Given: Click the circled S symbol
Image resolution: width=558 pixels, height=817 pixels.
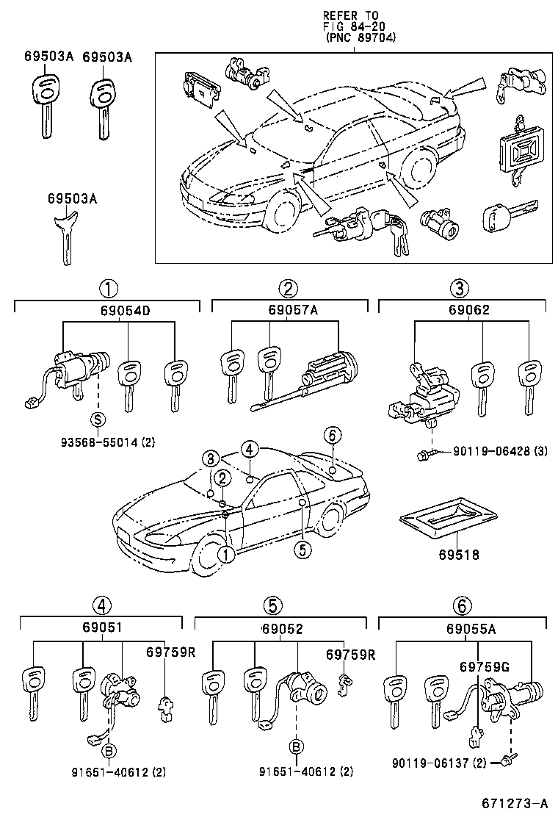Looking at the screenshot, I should click(x=98, y=419).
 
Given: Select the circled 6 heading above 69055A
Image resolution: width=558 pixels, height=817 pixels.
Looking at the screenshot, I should click(x=461, y=606).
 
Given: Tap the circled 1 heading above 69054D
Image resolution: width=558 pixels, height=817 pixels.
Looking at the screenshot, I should click(x=108, y=288).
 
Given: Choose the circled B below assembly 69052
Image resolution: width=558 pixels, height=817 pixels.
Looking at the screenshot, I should click(x=297, y=747).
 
